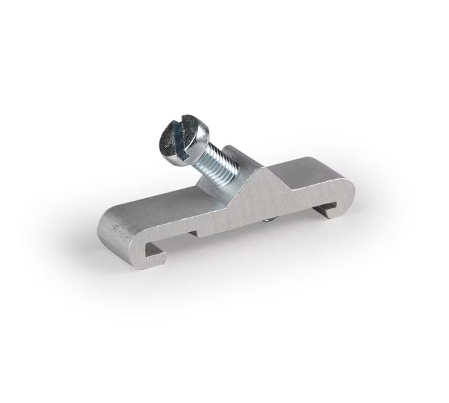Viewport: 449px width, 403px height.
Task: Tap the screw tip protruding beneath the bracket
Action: coord(269,220)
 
